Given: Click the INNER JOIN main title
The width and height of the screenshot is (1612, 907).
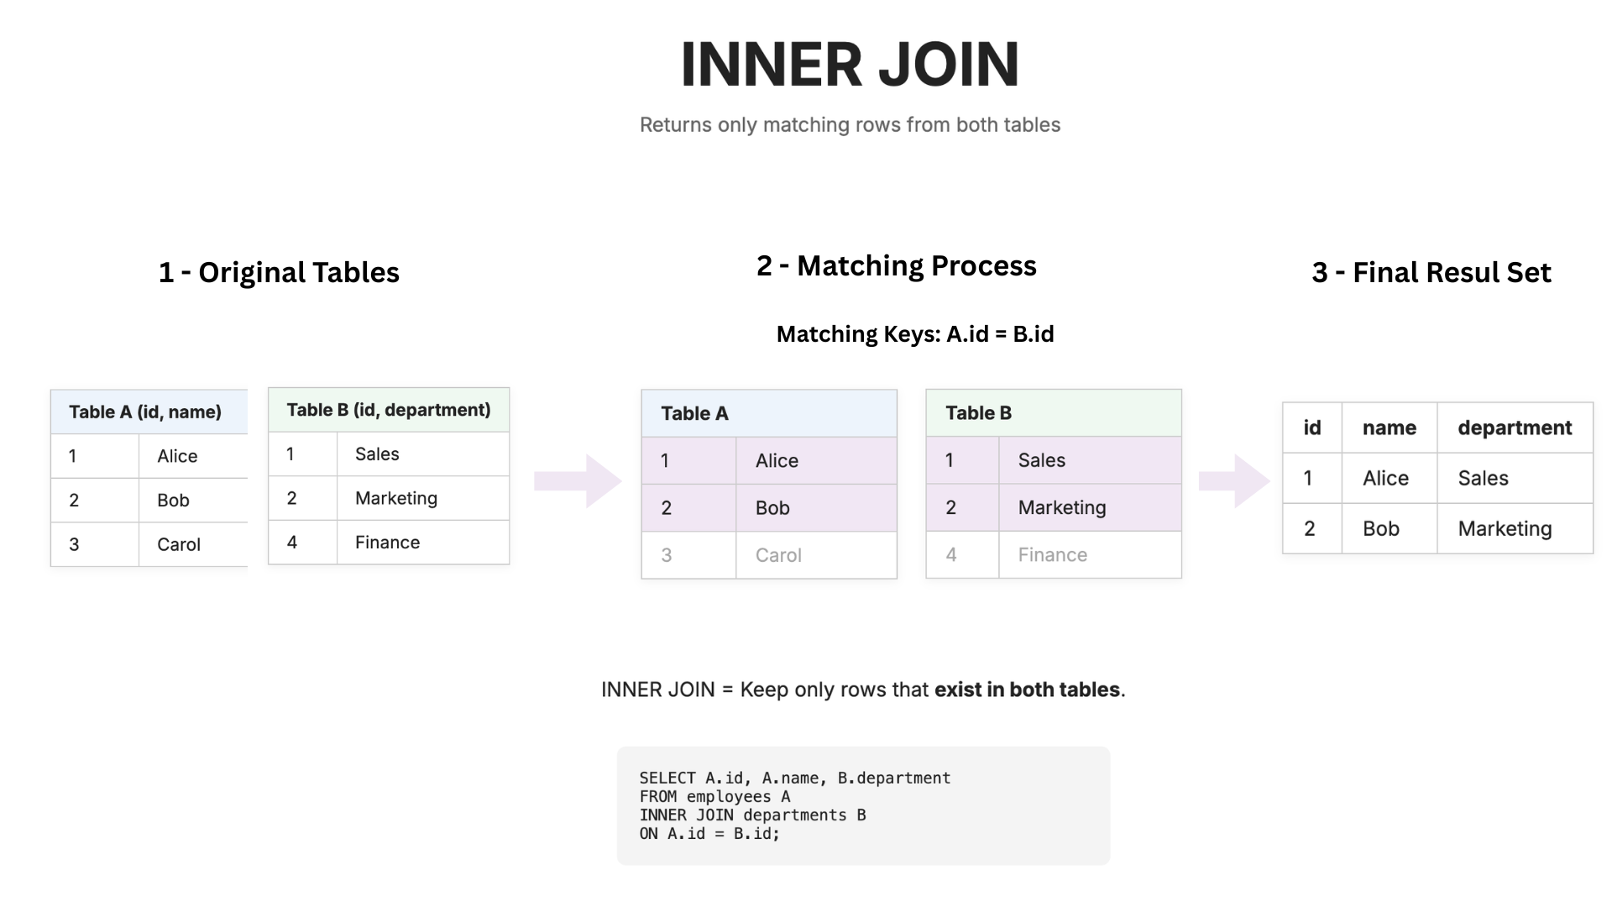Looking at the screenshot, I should tap(850, 65).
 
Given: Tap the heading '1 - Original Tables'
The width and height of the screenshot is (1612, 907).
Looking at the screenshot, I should tap(279, 272).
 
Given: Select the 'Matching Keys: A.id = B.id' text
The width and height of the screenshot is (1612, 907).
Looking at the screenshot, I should tap(914, 334).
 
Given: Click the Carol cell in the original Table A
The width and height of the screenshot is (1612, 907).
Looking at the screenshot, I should tap(179, 544).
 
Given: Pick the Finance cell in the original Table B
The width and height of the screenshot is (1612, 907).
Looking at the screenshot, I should tap(387, 543).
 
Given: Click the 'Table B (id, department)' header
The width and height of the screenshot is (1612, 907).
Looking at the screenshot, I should tap(388, 410).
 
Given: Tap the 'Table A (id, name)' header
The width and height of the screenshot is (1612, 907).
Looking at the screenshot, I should tap(145, 412).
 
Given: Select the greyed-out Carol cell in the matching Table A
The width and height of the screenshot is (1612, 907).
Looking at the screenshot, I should tap(778, 555).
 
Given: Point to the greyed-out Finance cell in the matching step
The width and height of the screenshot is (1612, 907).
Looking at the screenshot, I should tap(1052, 555).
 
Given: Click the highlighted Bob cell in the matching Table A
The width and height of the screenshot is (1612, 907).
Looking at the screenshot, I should tap(772, 508).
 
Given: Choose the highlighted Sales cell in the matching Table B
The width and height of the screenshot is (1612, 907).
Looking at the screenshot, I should tap(1041, 460).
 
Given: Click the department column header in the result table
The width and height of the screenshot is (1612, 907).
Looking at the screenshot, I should tap(1515, 428).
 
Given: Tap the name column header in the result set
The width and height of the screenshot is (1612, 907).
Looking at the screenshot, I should tap(1389, 428).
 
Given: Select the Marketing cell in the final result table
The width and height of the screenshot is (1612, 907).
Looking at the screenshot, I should tap(1505, 529).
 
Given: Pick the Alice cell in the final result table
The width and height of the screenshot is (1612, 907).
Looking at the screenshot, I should tap(1385, 479).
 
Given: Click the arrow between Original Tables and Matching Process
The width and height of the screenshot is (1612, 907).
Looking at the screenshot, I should tap(578, 481).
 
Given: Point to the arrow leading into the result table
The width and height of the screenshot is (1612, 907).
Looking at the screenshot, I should tap(1233, 481).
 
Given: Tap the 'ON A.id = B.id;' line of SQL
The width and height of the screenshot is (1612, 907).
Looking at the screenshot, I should tap(709, 834).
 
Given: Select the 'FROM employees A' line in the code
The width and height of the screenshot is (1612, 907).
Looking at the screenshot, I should tap(714, 797).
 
